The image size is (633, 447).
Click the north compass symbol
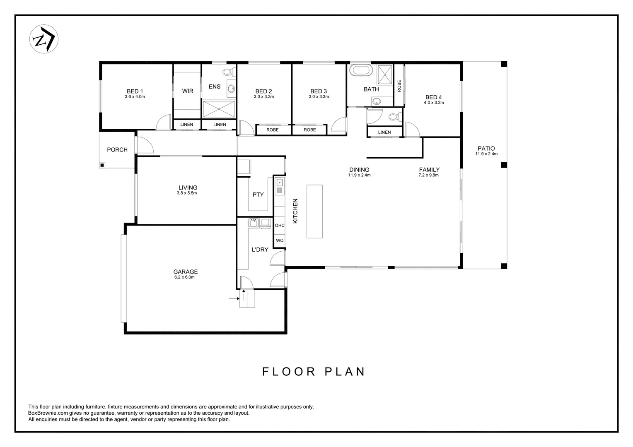pos(44,39)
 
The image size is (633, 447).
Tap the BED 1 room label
pos(135,91)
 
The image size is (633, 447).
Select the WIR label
pos(188,91)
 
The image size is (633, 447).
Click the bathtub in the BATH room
pos(361,70)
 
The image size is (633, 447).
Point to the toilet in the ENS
pos(229,72)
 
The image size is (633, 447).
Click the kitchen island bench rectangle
pos(314,211)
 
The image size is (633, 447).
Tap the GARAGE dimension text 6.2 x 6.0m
pos(184,277)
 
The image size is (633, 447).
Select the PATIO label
pos(486,148)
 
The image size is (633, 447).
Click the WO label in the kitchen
pos(280,240)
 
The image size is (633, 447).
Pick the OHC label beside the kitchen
pos(280,225)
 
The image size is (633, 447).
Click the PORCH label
pos(117,150)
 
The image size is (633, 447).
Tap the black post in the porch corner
pos(102,165)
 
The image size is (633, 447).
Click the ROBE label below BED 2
pos(273,130)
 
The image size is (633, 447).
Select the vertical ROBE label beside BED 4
pos(399,86)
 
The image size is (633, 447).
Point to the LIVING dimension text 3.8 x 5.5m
pos(187,193)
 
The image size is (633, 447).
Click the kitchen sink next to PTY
pos(280,186)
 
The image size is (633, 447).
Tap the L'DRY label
pos(260,250)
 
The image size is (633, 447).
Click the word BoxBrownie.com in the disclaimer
pos(48,413)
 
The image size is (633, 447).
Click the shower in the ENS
pos(219,109)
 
